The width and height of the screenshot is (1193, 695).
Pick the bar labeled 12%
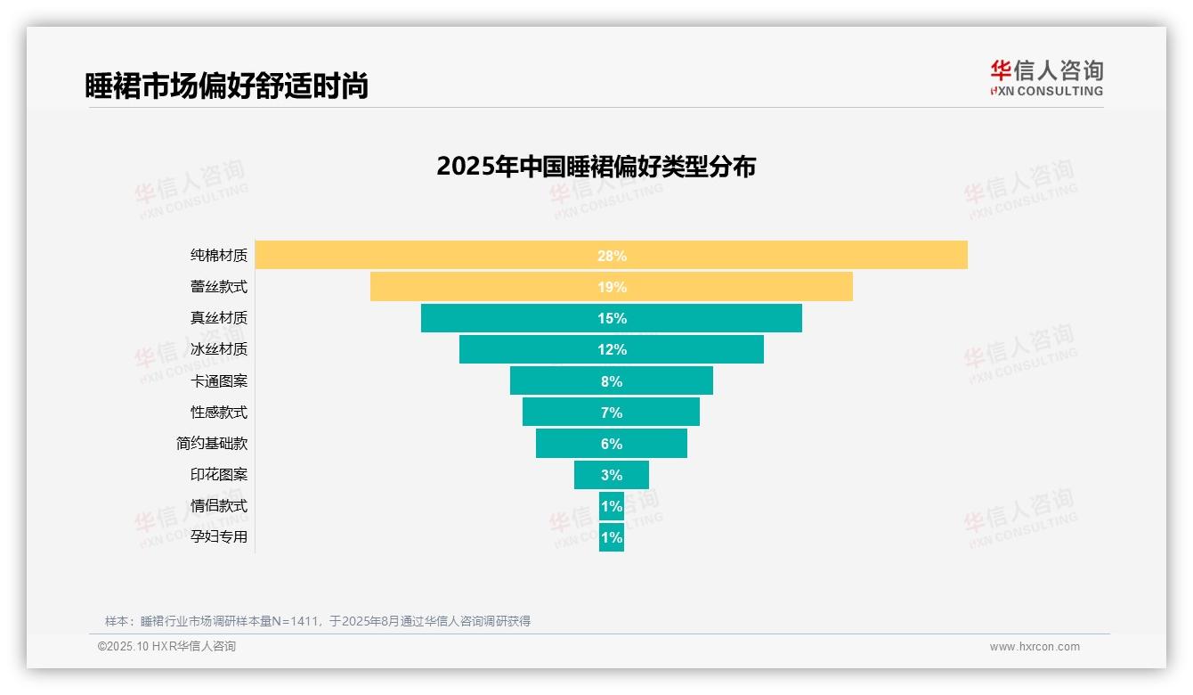tap(612, 349)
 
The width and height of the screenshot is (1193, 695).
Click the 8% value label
tap(612, 381)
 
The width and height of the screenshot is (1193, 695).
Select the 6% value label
tap(612, 444)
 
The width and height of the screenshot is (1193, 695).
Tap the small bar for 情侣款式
tap(612, 506)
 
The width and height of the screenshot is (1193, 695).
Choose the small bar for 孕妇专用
tap(612, 537)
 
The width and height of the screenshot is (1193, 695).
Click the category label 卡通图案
tap(219, 380)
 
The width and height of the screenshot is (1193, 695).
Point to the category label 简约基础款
tap(212, 443)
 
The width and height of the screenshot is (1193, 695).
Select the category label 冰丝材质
tap(219, 349)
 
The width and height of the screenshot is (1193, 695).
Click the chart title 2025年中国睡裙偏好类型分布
tap(596, 167)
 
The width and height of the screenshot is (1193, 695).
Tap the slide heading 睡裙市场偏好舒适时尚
tap(226, 86)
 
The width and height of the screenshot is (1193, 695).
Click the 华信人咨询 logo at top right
tap(1046, 78)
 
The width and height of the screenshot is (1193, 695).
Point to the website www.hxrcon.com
tap(1035, 647)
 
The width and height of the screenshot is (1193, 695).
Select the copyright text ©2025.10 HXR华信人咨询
tap(166, 647)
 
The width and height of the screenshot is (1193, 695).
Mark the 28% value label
tap(612, 256)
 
